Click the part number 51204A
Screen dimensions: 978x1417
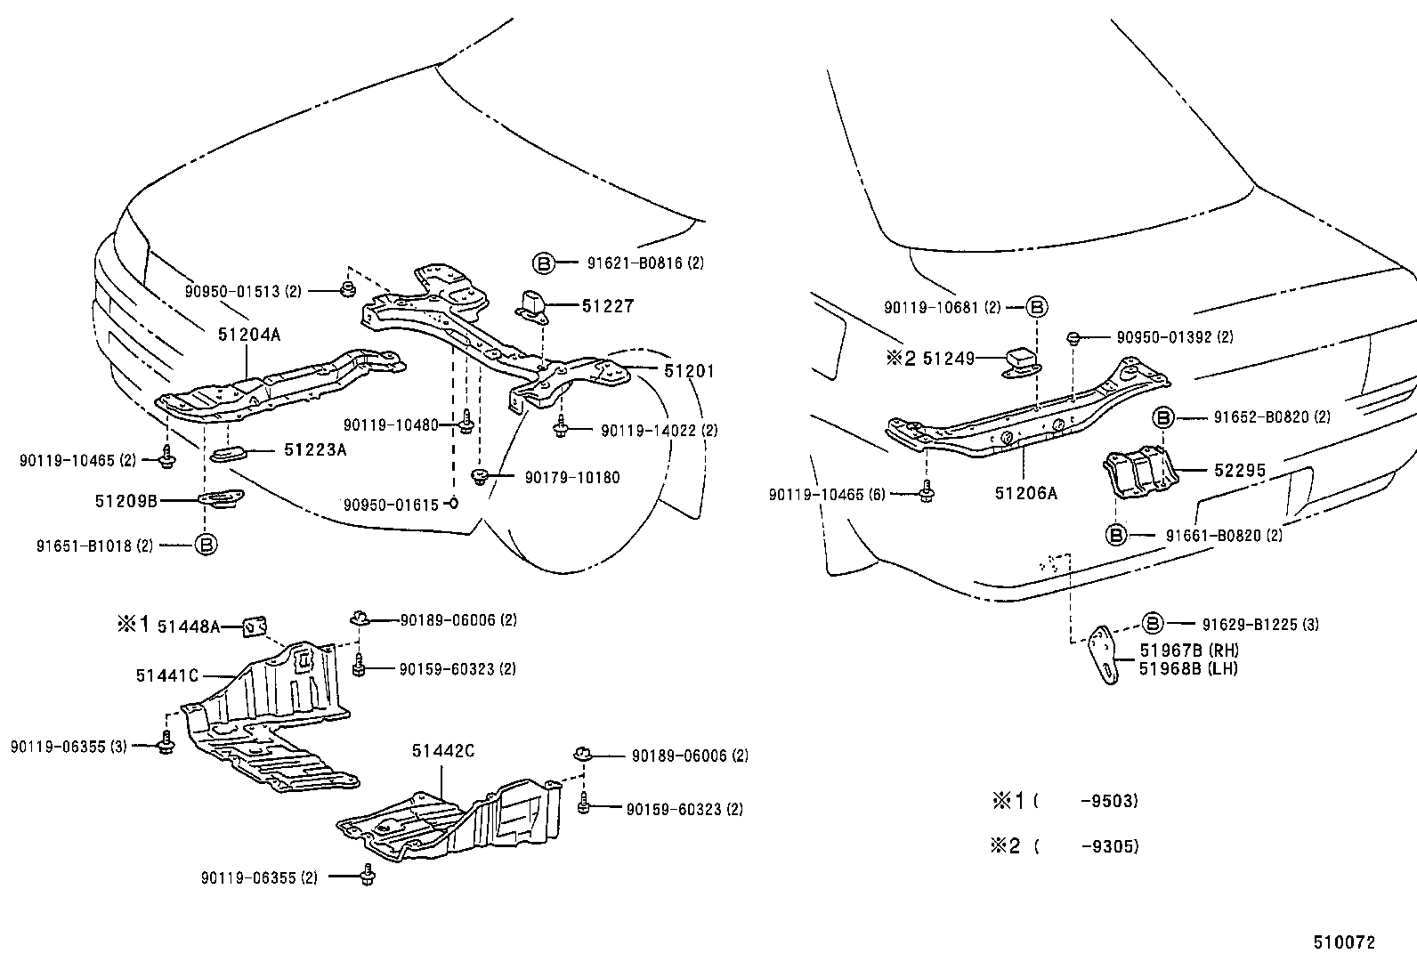click(x=248, y=335)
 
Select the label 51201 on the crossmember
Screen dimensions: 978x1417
click(x=688, y=370)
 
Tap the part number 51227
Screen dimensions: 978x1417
click(x=607, y=305)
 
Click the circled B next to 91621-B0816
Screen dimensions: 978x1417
click(x=543, y=263)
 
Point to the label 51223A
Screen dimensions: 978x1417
click(x=314, y=450)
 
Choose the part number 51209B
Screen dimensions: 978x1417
click(x=126, y=501)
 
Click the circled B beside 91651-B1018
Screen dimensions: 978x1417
click(x=206, y=545)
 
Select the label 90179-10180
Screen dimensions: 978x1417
click(x=571, y=478)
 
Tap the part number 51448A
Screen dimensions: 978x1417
click(x=188, y=626)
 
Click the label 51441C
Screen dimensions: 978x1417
click(x=166, y=675)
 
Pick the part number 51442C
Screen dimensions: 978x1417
click(x=442, y=751)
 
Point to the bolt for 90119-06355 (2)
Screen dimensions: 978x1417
click(x=368, y=876)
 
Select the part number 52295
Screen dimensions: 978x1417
click(x=1240, y=471)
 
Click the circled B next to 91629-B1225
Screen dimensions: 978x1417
click(x=1153, y=624)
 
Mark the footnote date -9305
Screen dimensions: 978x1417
click(x=1109, y=846)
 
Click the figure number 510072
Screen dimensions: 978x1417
click(x=1344, y=942)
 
